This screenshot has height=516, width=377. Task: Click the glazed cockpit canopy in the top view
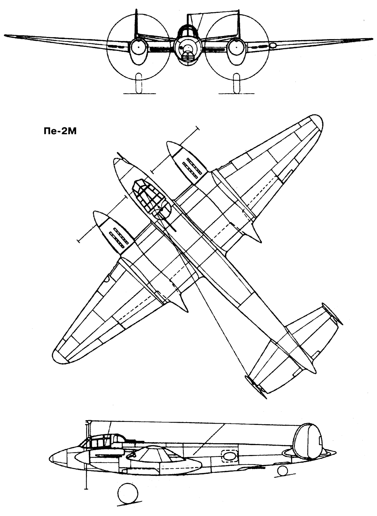click(151, 199)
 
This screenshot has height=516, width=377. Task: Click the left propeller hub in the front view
click(138, 47)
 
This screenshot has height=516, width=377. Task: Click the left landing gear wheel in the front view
click(139, 83)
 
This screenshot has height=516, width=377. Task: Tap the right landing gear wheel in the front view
click(236, 83)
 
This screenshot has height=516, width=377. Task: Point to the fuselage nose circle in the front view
click(187, 48)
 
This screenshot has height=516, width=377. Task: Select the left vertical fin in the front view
click(136, 23)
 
